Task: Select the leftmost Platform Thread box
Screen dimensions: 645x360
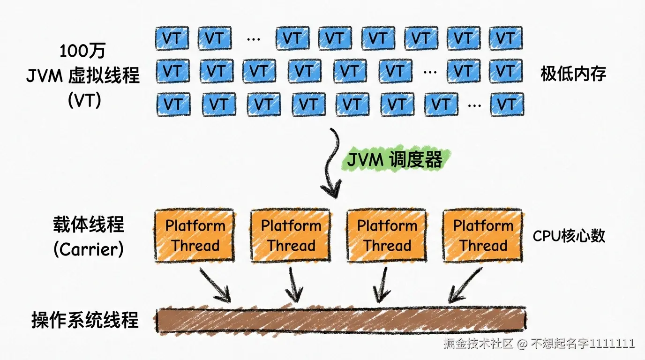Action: point(195,235)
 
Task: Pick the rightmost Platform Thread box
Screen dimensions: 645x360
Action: point(483,235)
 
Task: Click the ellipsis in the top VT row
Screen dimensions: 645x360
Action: point(254,39)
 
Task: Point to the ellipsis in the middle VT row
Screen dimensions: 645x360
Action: point(430,72)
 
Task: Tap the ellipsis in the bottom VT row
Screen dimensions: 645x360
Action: point(474,105)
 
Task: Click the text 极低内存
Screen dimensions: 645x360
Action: point(573,74)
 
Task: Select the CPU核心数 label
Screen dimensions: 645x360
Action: point(569,236)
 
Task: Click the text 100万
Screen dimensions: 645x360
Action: point(82,51)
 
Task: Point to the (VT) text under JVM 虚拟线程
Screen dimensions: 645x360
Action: point(85,100)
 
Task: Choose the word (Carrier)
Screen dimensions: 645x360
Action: point(89,249)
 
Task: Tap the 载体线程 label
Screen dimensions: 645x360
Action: point(89,225)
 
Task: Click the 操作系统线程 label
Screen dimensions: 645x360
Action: point(85,320)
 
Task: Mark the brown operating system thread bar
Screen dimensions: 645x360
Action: point(341,321)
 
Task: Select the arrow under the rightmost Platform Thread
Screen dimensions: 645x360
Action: point(464,285)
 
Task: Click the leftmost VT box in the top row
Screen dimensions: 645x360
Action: point(172,38)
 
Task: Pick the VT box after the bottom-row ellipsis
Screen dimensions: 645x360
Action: point(507,104)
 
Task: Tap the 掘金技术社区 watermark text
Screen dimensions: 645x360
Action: point(478,343)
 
